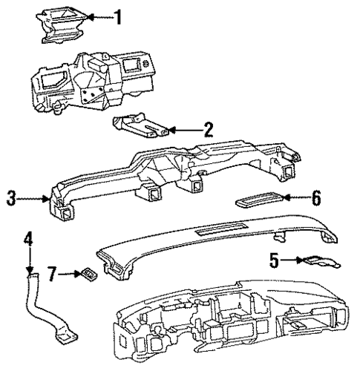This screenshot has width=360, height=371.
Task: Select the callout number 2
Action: [209, 130]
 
